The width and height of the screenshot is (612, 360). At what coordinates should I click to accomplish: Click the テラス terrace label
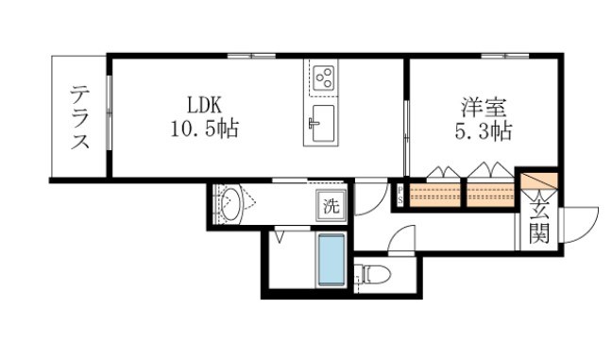pos(79,118)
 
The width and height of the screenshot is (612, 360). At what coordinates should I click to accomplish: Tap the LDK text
pos(207,103)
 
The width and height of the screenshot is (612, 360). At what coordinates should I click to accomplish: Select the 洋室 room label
pos(480,106)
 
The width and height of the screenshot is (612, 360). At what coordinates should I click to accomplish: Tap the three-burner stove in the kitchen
pos(323,77)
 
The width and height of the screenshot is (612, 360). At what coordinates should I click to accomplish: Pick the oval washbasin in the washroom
pos(229,204)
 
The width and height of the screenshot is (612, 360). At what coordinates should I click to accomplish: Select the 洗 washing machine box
pos(331,203)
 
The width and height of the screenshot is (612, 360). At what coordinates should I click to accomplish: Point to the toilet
pos(373,275)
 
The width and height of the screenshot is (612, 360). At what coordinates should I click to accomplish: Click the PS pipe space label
pos(399,195)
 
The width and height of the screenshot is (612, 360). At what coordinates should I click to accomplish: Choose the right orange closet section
pos(491,196)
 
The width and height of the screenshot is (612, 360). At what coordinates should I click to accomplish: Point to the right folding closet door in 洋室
pos(491,172)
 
